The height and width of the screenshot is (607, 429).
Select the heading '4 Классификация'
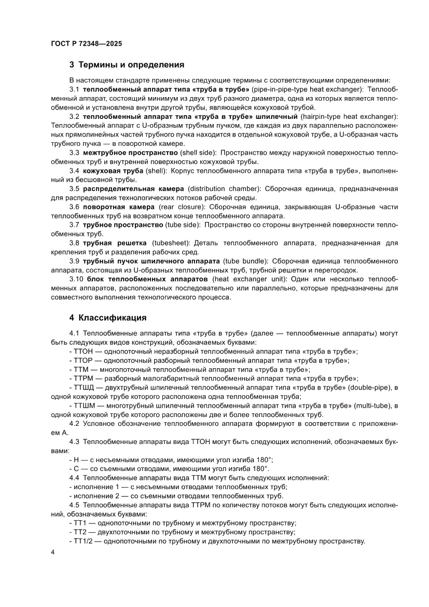[x=108, y=317]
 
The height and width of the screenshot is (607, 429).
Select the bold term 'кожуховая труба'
[x=110, y=170]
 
